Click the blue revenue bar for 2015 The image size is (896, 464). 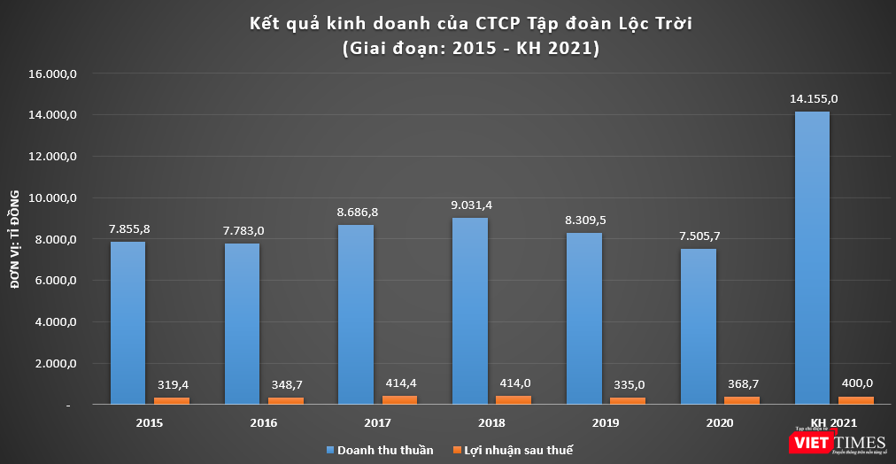click(128, 323)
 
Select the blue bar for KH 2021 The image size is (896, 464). click(812, 258)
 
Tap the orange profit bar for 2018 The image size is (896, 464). click(513, 400)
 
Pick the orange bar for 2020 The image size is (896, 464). click(741, 400)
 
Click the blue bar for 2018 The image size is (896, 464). click(470, 311)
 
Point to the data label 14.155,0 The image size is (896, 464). click(813, 98)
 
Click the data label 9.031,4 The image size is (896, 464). click(470, 205)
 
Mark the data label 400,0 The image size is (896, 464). click(855, 383)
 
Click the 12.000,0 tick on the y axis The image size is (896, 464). click(56, 157)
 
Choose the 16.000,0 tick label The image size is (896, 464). click(56, 74)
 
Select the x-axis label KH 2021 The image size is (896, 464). click(833, 422)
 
